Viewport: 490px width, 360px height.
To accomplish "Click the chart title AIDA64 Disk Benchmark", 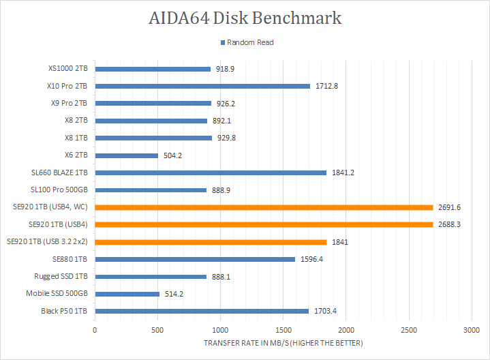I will (245, 18).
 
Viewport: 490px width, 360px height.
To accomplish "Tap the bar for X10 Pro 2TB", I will (202, 86).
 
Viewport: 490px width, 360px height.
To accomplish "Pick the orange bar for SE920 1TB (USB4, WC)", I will (264, 207).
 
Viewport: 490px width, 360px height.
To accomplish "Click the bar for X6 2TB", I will (126, 155).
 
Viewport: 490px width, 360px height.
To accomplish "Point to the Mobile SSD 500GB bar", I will (127, 294).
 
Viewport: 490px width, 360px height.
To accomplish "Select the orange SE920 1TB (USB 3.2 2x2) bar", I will (210, 242).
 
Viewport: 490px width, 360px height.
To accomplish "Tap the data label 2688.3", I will (451, 224).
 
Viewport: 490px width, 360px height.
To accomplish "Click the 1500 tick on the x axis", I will (283, 329).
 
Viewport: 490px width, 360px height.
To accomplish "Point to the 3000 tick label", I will (471, 329).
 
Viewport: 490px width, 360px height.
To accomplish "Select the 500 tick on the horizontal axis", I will (157, 329).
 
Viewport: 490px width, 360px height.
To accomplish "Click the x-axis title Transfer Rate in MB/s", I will (283, 342).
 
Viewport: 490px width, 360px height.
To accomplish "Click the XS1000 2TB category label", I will (68, 68).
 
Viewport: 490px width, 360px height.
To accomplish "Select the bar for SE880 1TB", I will (195, 259).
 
